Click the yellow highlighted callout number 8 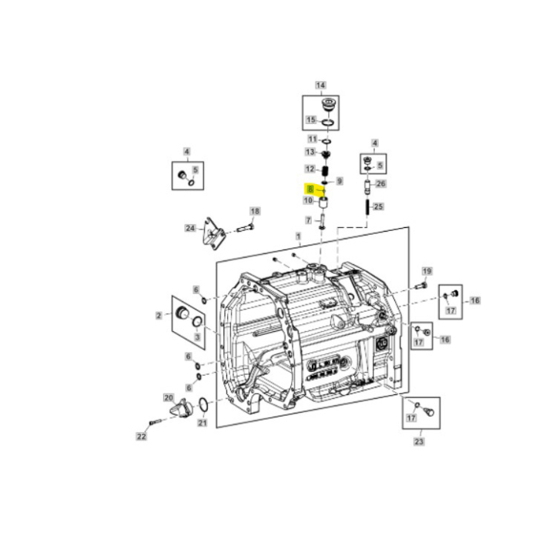pos(310,189)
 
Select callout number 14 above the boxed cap pos(320,85)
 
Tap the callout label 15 pos(311,120)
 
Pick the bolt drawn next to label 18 pos(243,227)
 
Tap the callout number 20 pos(169,397)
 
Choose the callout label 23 pos(418,442)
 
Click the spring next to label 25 pos(367,207)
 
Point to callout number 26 pos(381,184)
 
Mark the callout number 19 pos(427,271)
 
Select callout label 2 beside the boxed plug pos(158,315)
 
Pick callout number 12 pos(310,169)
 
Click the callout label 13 pos(311,152)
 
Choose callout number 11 pos(312,139)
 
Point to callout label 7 pos(310,220)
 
